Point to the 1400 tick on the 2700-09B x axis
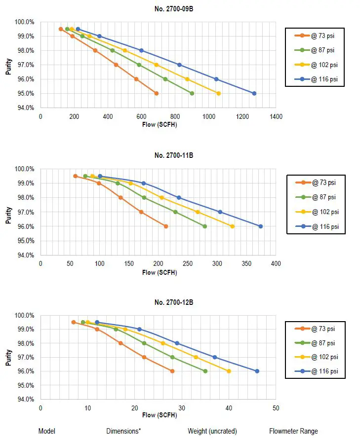(x=276, y=117)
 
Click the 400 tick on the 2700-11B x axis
(x=276, y=263)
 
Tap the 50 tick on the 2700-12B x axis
(x=276, y=408)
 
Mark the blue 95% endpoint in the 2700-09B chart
(x=254, y=93)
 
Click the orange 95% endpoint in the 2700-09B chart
(x=157, y=93)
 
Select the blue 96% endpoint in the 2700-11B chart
(x=261, y=226)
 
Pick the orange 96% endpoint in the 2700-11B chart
(x=166, y=226)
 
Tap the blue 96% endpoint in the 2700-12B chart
(x=257, y=371)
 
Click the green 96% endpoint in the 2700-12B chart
(x=205, y=371)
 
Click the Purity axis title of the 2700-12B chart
(x=9, y=357)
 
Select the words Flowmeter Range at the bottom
(x=294, y=431)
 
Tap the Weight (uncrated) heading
(x=212, y=431)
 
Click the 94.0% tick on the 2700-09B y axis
(x=26, y=108)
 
